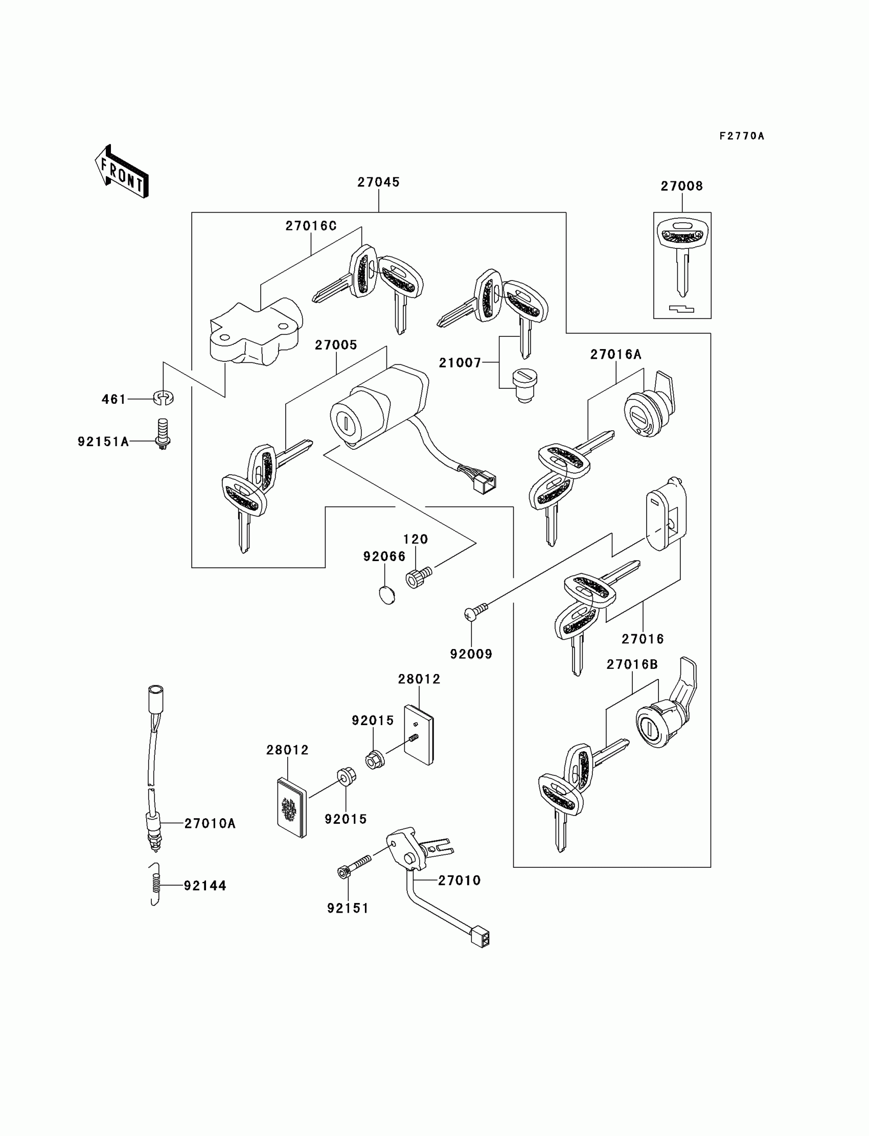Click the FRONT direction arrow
[x=122, y=172]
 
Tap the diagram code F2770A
[x=741, y=136]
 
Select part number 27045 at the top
[x=379, y=182]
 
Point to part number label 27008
[x=682, y=186]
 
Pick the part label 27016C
[x=311, y=226]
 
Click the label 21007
[x=460, y=363]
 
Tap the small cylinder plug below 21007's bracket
[x=524, y=385]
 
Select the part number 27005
[x=336, y=345]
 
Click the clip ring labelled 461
[x=164, y=398]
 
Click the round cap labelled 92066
[x=387, y=595]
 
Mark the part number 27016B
[x=632, y=664]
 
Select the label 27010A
[x=210, y=824]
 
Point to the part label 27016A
[x=615, y=355]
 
